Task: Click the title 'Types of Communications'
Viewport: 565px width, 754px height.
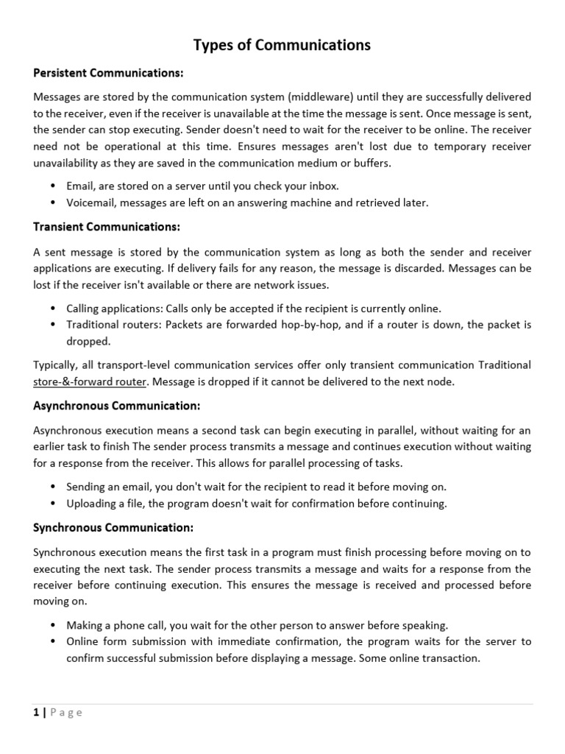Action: point(282,46)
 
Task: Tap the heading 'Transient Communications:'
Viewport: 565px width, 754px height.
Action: point(107,227)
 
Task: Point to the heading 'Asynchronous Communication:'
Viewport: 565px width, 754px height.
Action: point(117,406)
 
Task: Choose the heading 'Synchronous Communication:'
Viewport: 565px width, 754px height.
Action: point(114,528)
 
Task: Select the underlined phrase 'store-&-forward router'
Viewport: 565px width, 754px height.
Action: point(90,381)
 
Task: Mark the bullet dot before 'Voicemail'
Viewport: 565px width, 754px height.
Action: point(54,202)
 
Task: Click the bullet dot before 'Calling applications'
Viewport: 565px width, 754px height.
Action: point(54,309)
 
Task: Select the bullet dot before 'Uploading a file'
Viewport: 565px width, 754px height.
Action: point(54,504)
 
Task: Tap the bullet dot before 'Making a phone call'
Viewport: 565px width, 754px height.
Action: point(54,625)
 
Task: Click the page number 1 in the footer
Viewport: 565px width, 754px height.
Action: point(36,712)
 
